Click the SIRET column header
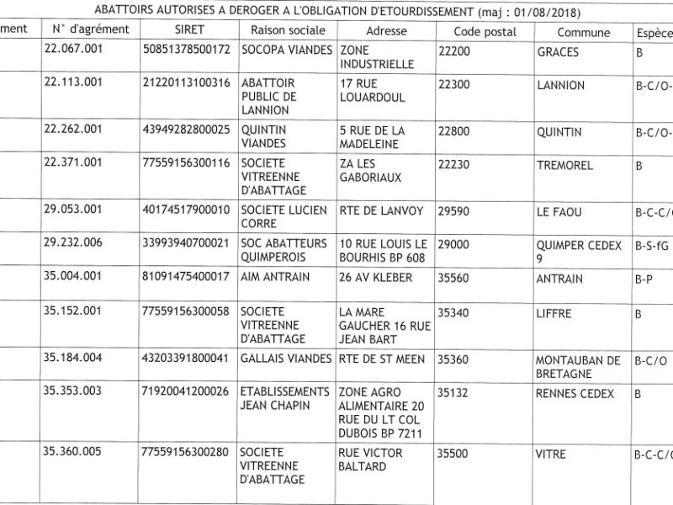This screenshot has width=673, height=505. (191, 30)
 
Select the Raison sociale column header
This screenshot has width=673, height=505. (284, 30)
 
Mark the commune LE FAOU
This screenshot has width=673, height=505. (559, 212)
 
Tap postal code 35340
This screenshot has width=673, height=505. (456, 314)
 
